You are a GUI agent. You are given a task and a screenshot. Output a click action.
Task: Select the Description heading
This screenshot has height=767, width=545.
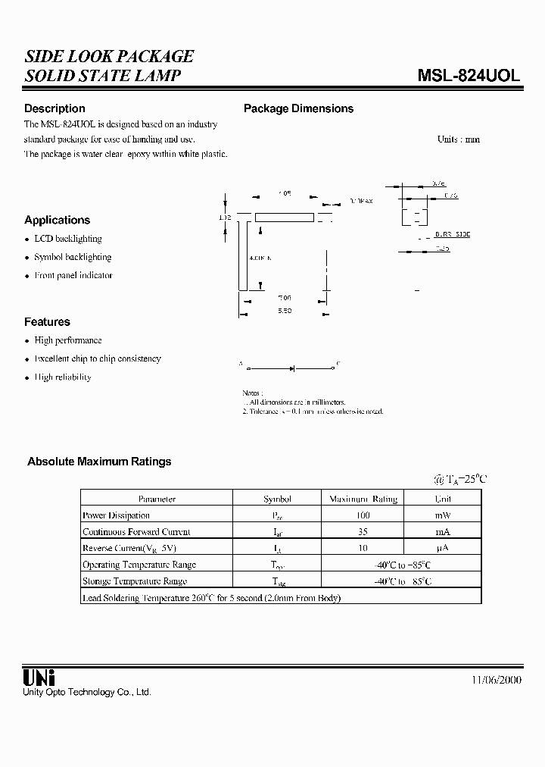(54, 108)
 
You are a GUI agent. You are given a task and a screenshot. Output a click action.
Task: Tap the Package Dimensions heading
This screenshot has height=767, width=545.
(298, 108)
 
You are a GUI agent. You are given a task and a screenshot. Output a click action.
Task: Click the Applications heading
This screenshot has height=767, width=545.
(57, 220)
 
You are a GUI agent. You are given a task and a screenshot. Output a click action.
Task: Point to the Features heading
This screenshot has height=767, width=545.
(47, 321)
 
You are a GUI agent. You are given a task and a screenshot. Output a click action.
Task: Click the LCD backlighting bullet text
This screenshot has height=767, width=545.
(68, 239)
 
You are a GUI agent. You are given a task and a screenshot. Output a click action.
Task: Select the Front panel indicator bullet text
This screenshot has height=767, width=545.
(73, 275)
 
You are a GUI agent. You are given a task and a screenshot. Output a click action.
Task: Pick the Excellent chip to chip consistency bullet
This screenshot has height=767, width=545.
(98, 358)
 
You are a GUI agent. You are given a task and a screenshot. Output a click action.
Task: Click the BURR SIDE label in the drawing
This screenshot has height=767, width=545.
(453, 236)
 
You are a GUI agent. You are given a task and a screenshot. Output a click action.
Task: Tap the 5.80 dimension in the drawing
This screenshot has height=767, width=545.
(284, 311)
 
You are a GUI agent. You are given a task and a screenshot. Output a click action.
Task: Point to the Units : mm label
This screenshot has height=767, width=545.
(458, 139)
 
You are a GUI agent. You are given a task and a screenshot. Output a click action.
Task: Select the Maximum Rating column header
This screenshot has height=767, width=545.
(363, 499)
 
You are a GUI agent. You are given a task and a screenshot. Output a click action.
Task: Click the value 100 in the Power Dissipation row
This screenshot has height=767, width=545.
(363, 515)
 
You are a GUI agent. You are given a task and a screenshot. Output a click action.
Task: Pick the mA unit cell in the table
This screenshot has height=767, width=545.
(443, 532)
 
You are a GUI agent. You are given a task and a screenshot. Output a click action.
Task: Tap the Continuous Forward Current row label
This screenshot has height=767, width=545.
(136, 532)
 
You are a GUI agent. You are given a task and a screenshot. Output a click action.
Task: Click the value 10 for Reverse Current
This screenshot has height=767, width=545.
(363, 548)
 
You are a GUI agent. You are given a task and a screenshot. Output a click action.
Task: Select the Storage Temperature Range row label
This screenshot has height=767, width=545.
(135, 581)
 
